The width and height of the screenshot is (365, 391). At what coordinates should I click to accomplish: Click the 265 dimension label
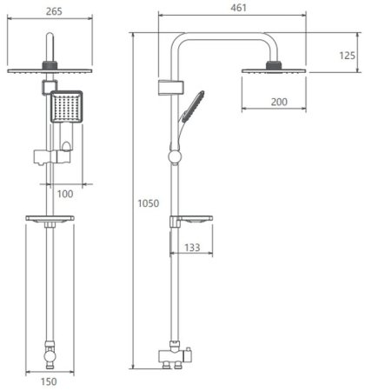pyautogui.click(x=54, y=11)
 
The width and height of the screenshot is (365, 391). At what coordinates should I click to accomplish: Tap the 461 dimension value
pyautogui.click(x=238, y=8)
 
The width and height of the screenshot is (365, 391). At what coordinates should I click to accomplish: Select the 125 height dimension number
pyautogui.click(x=347, y=56)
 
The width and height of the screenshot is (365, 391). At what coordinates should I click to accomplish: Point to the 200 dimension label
pyautogui.click(x=279, y=102)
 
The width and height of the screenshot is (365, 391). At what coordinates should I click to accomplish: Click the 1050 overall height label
pyautogui.click(x=149, y=203)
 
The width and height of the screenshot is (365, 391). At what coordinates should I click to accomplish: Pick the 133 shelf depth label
pyautogui.click(x=192, y=248)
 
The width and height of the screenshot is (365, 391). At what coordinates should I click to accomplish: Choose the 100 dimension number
pyautogui.click(x=65, y=194)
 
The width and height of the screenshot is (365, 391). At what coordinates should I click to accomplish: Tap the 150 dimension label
pyautogui.click(x=49, y=381)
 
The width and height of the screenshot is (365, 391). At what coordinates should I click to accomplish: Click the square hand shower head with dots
pyautogui.click(x=67, y=106)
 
